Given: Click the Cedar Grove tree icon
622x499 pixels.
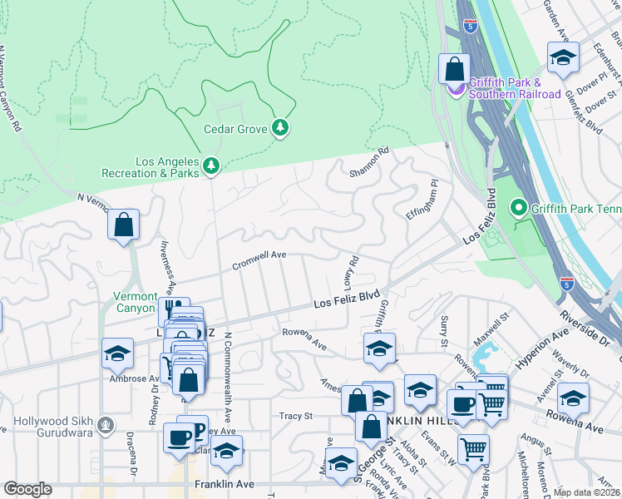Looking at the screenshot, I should (281, 127).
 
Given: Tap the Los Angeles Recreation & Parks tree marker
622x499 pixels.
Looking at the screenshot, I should (211, 166).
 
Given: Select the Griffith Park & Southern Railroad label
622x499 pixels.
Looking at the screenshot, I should (514, 87).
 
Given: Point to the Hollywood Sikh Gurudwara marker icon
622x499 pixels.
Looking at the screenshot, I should (105, 426).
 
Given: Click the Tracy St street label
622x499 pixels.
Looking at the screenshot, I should (295, 416).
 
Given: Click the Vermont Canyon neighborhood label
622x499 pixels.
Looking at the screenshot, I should (135, 302).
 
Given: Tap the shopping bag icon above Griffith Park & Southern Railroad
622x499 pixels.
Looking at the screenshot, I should (454, 68).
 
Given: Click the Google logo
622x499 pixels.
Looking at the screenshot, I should (27, 489).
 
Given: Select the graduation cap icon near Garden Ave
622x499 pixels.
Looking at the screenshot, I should (563, 57).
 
